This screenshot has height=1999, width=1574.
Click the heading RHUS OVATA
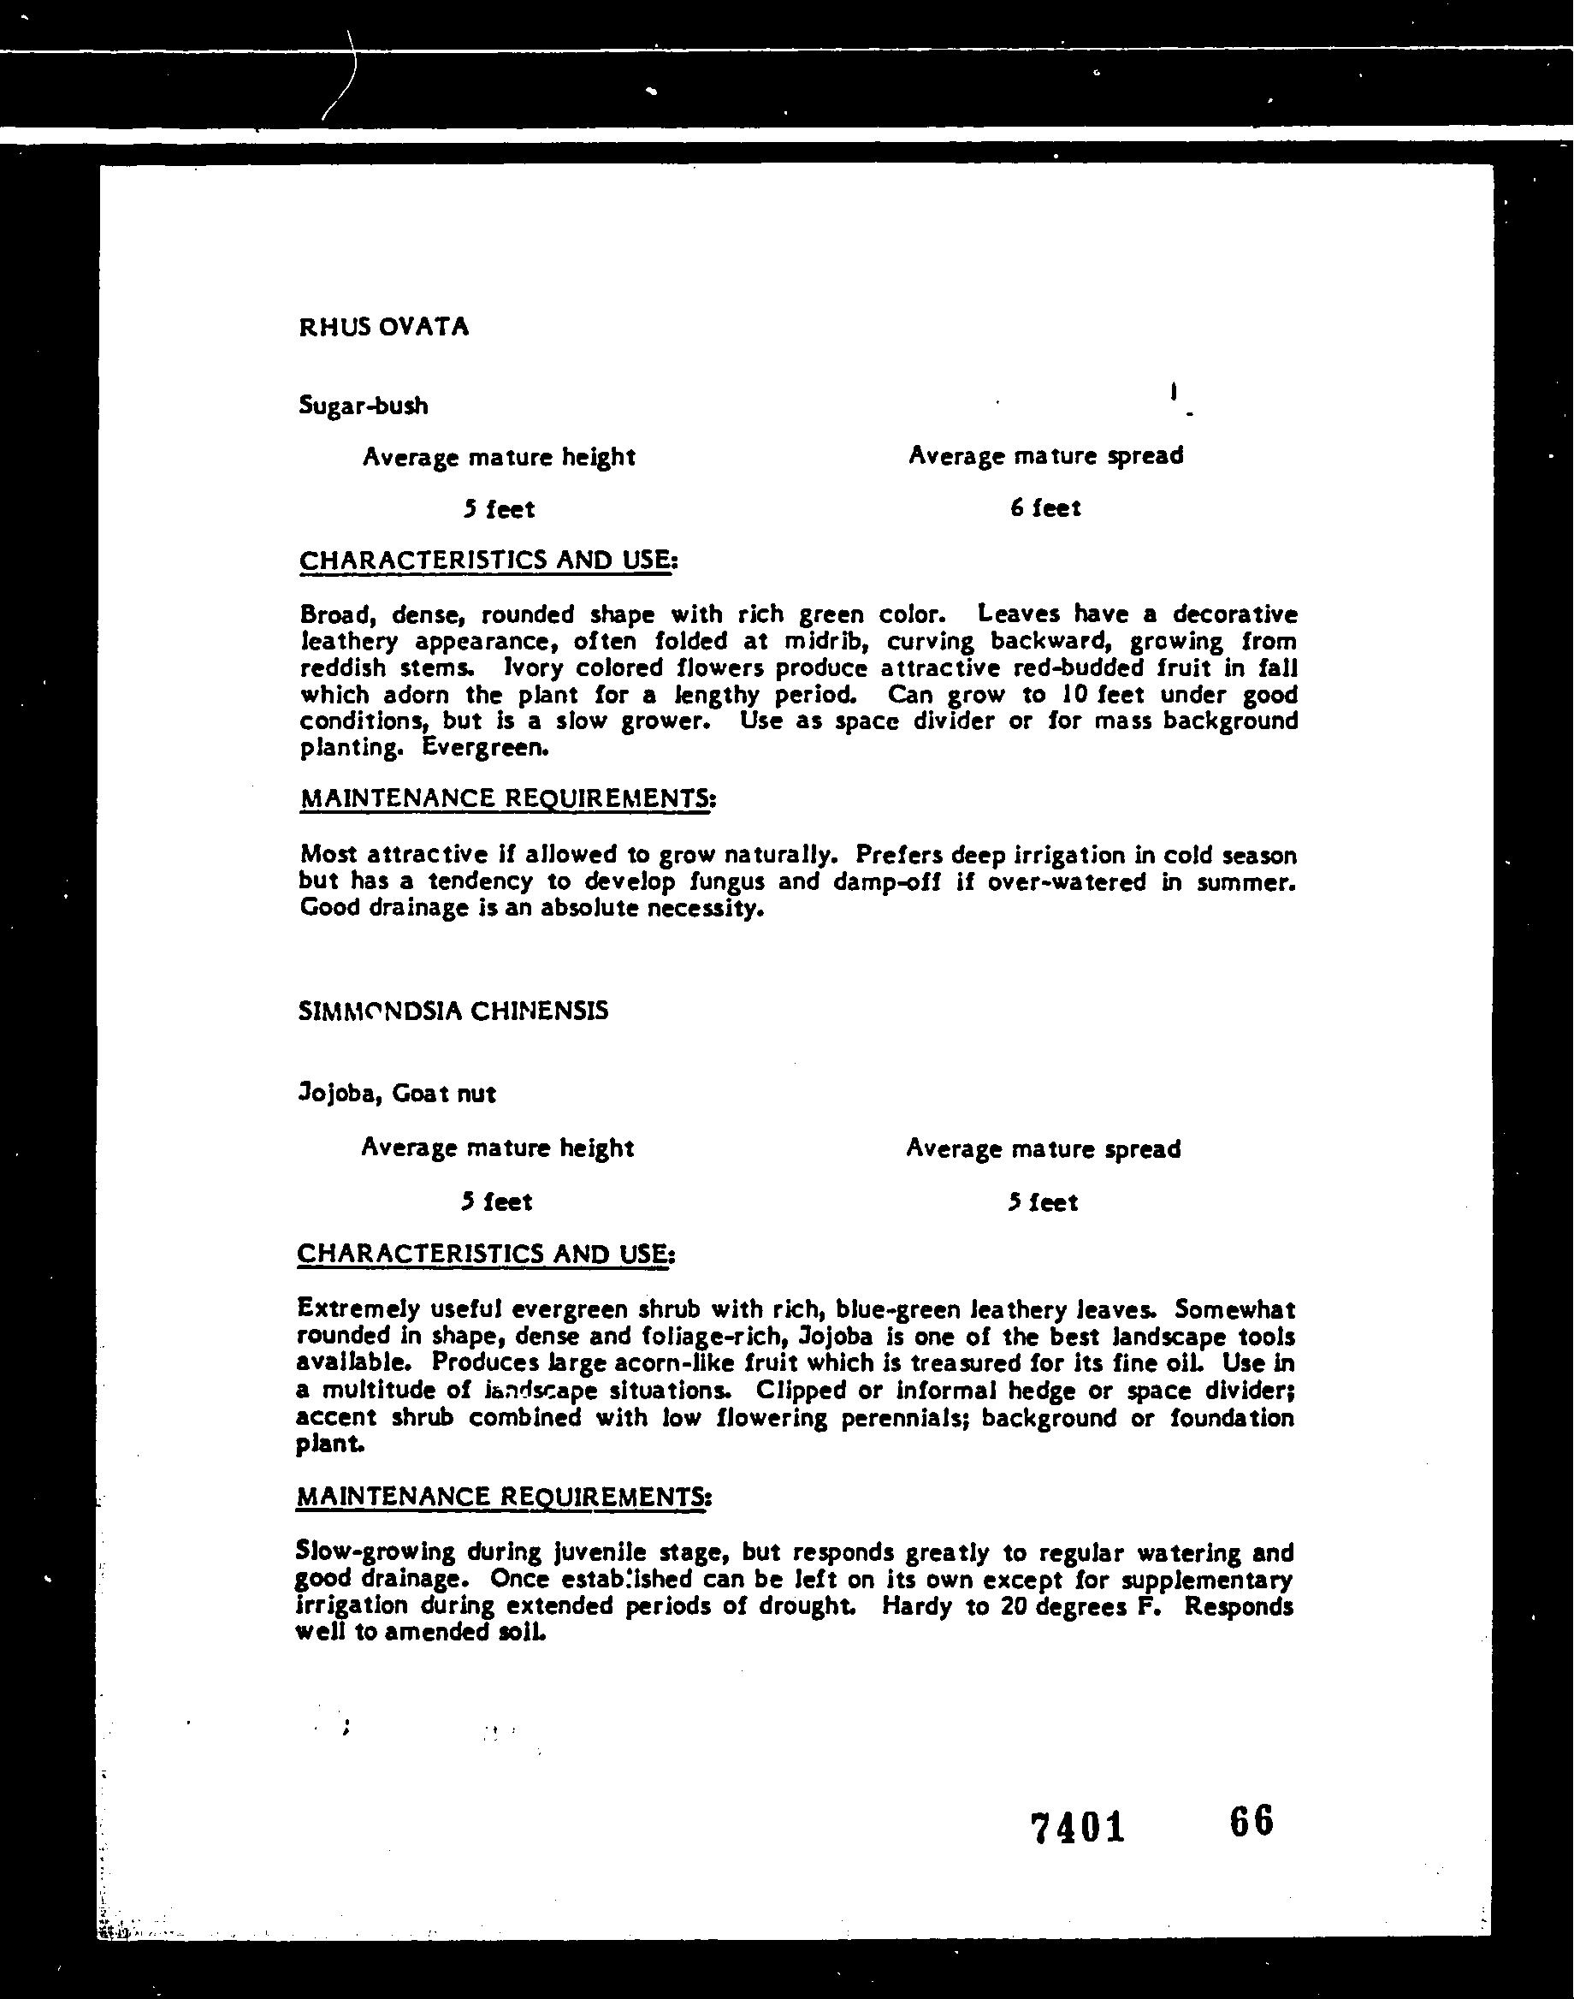pyautogui.click(x=383, y=327)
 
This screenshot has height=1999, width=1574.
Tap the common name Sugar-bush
pyautogui.click(x=363, y=406)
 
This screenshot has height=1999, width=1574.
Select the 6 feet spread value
pyautogui.click(x=1045, y=507)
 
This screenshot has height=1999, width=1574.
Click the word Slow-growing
pyautogui.click(x=375, y=1553)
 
